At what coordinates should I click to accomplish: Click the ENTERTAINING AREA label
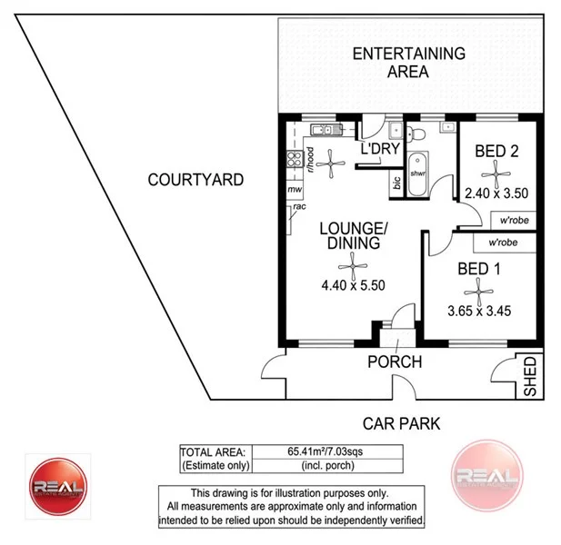pyautogui.click(x=408, y=62)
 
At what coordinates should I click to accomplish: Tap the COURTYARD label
pyautogui.click(x=195, y=180)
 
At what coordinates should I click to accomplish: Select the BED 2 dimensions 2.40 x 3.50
pyautogui.click(x=496, y=193)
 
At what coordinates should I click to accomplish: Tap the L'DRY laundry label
pyautogui.click(x=380, y=149)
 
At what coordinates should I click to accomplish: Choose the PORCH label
pyautogui.click(x=394, y=362)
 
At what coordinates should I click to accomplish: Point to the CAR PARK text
pyautogui.click(x=401, y=422)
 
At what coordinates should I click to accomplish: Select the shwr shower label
pyautogui.click(x=418, y=173)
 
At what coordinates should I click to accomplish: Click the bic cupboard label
pyautogui.click(x=396, y=183)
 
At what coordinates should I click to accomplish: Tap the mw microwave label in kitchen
pyautogui.click(x=295, y=190)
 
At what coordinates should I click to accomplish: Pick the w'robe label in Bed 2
pyautogui.click(x=509, y=221)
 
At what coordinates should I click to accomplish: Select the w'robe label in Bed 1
pyautogui.click(x=504, y=243)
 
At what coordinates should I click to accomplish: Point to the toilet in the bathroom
pyautogui.click(x=417, y=135)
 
